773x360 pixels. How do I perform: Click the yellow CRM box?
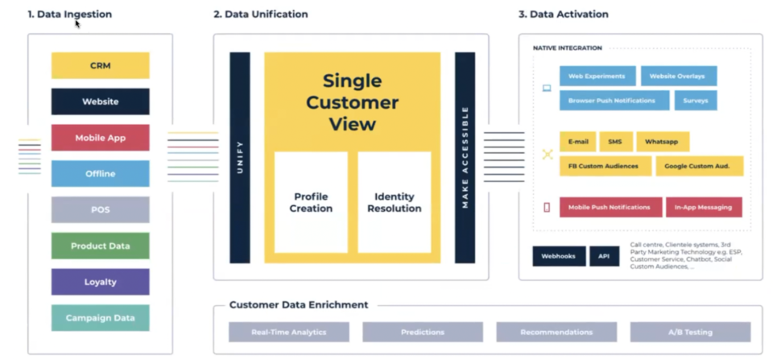point(100,65)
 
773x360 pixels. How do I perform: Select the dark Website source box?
point(100,101)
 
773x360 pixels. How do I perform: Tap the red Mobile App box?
point(100,138)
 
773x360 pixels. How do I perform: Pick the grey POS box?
point(100,209)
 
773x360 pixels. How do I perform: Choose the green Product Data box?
point(100,246)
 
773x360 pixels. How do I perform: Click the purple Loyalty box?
point(100,282)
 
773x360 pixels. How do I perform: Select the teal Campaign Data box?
point(100,317)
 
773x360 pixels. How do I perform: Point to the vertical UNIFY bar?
point(240,158)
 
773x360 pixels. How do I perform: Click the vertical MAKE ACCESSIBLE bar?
point(465,158)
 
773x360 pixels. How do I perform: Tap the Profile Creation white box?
point(311,202)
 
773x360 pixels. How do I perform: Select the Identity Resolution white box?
point(394,202)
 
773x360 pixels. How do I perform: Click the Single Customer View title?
point(352,102)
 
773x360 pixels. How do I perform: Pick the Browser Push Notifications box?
point(614,101)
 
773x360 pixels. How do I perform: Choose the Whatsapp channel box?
point(662,142)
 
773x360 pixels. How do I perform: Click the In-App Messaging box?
point(703,207)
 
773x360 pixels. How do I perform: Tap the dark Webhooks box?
point(559,256)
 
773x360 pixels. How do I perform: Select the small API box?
point(604,256)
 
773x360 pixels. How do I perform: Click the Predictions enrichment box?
point(422,332)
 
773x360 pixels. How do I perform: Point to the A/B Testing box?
point(690,332)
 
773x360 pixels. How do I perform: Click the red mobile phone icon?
point(547,207)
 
